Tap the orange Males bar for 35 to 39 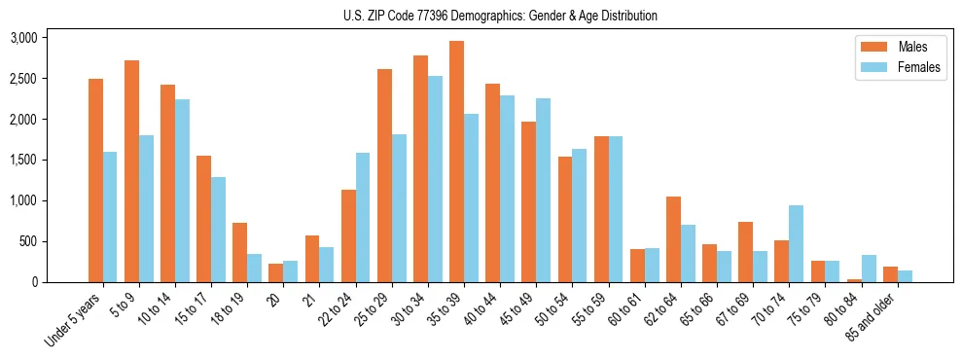tap(456, 162)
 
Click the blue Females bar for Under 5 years tap(110, 217)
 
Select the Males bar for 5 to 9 tap(131, 171)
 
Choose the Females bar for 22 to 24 tap(363, 217)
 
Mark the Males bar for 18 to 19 tap(240, 253)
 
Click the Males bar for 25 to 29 tap(384, 175)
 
